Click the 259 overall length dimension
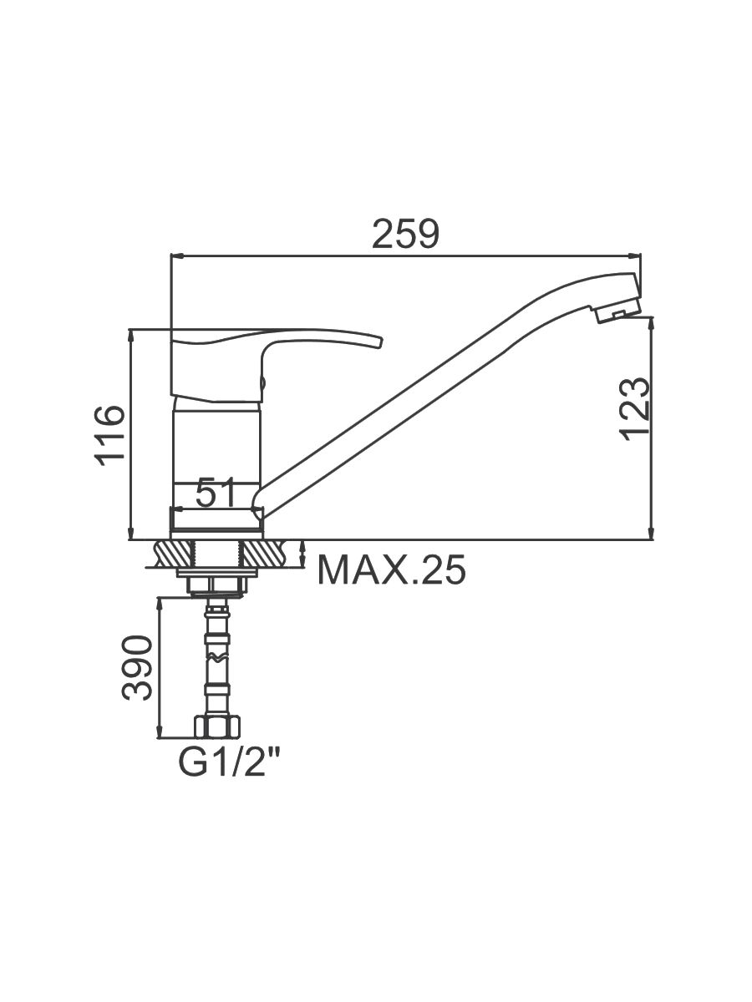(x=405, y=235)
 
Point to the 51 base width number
(x=216, y=493)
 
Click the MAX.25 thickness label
(x=391, y=569)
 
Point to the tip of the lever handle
(x=379, y=342)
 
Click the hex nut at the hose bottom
(x=218, y=726)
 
